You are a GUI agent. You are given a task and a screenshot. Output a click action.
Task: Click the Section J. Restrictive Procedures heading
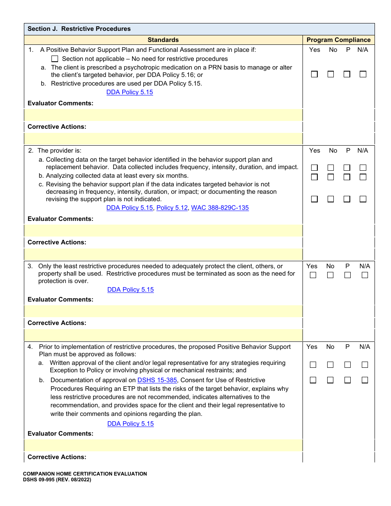pos(79,29)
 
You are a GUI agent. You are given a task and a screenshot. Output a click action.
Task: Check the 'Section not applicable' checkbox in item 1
pos(55,59)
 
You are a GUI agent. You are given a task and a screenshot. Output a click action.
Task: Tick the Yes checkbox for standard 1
pos(314,74)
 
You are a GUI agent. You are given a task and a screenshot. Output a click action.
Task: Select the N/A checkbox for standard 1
pos(363,74)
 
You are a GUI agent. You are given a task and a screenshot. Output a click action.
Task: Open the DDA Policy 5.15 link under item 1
pos(130,92)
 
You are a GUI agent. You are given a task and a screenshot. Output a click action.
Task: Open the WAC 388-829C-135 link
pos(220,208)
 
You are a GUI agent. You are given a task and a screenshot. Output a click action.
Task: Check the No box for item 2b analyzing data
pos(330,177)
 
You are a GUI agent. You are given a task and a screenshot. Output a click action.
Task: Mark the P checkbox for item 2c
pos(347,199)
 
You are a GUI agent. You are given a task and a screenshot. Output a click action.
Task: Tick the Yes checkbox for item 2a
pos(314,168)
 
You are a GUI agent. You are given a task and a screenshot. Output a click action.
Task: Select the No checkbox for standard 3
pos(330,275)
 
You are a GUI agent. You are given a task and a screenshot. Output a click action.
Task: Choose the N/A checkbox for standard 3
pos(365,275)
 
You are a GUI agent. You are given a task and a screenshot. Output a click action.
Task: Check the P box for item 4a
pos(347,365)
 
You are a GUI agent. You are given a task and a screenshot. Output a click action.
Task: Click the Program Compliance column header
pos(338,40)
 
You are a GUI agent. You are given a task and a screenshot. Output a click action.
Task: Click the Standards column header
pos(163,40)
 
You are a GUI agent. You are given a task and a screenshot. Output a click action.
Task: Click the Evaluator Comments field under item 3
pos(163,311)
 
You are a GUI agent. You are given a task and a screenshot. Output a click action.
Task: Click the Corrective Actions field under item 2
pos(163,254)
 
